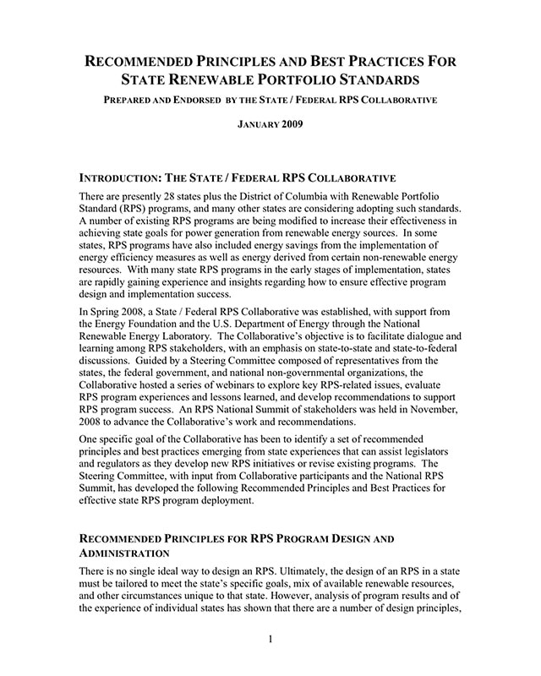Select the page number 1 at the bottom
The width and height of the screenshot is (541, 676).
coord(270,640)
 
